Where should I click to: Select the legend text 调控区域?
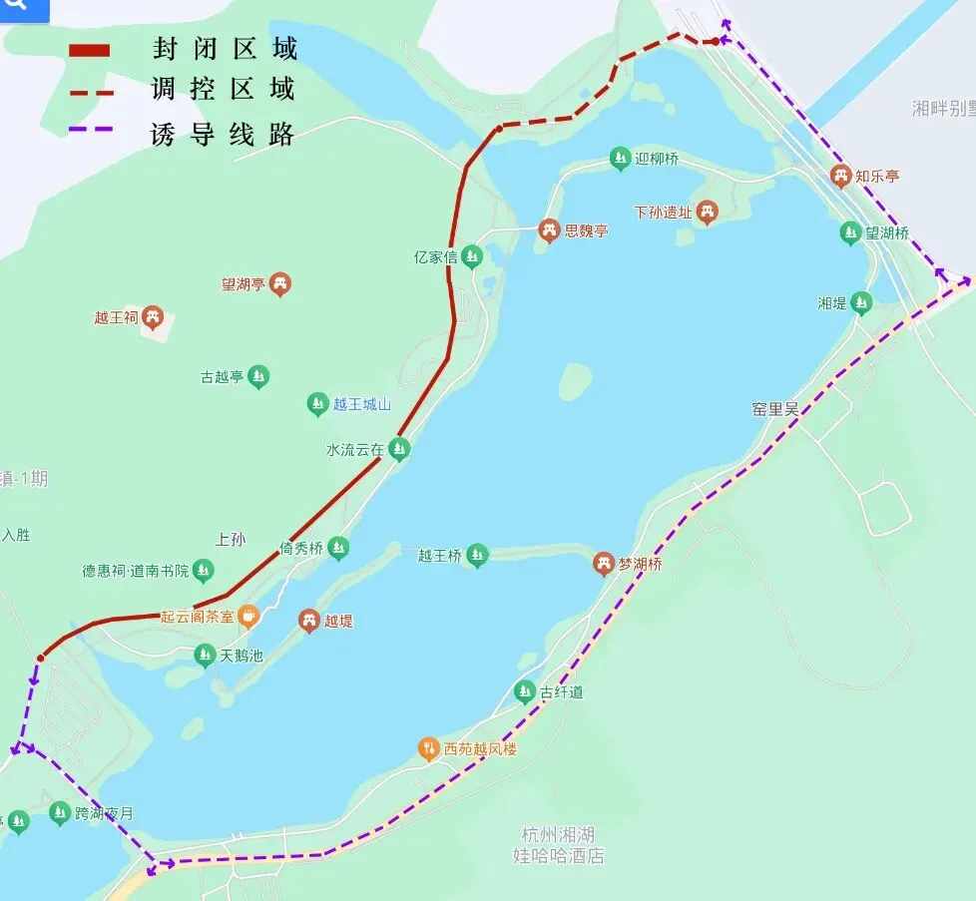coord(224,89)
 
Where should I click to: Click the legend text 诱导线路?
coord(224,133)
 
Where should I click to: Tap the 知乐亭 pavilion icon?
coord(841,177)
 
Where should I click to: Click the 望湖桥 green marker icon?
coord(850,232)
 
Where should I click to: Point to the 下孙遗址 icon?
coord(708,212)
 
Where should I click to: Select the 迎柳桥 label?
coord(656,159)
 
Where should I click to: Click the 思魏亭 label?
coord(586,230)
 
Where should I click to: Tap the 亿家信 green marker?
coord(471,257)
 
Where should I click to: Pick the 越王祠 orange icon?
coord(152,318)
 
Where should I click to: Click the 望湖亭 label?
coord(243,284)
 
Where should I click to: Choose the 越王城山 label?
coord(362,404)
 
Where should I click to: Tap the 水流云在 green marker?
coord(399,450)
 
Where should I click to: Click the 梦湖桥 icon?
coord(604,564)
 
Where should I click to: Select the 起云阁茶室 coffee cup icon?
coord(247,617)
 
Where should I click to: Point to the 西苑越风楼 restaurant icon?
coord(428,748)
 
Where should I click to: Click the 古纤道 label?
coord(561,691)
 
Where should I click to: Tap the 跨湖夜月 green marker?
coord(60,813)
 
